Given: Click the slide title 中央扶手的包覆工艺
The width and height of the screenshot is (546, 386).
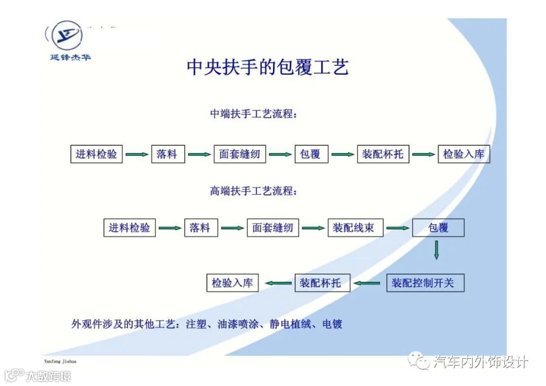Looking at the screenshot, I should coord(267,67).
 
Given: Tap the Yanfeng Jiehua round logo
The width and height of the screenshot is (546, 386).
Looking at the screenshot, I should coord(67,35).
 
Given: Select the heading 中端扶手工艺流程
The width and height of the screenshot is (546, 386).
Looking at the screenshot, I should coord(253,114).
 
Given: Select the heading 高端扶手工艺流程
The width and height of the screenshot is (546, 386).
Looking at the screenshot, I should coord(253,191).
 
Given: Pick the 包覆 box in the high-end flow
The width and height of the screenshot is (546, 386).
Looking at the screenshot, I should coord(438,228).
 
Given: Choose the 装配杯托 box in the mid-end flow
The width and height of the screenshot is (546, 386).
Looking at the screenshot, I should coord(383,154).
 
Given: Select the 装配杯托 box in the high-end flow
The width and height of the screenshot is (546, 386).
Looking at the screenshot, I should coord(321,283).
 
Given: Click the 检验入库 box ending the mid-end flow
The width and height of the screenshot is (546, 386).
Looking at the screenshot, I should coord(464,154).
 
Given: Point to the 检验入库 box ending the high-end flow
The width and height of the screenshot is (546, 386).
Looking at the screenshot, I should coord(233,283).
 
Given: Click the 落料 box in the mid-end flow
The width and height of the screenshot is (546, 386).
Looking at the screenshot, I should coord(168,154).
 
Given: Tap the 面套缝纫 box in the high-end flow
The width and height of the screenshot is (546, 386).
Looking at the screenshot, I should coord(273,228).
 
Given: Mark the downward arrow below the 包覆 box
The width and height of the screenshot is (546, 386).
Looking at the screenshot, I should coord(436,250).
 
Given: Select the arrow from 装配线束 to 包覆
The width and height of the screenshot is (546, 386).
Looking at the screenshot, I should coord(398,228).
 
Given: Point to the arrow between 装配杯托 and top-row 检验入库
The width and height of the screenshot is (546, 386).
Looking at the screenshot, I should coord(424,154).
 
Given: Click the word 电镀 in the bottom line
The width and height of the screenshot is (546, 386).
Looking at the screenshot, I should coord(332,324).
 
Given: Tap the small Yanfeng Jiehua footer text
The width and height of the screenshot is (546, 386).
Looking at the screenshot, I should coord(60,362).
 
